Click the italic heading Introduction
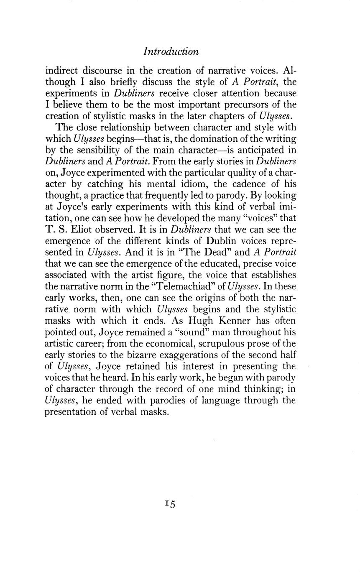tap(171, 51)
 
